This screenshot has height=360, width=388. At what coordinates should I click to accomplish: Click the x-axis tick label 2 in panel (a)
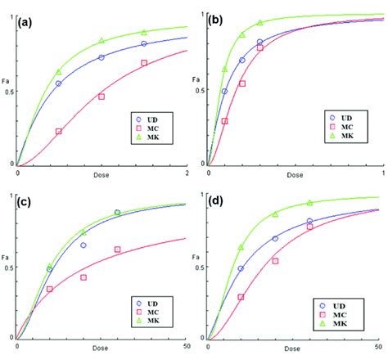[x=187, y=173]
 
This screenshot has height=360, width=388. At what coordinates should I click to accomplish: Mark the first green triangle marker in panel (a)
[x=59, y=72]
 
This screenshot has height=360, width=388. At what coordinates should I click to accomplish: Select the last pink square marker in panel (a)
[x=144, y=63]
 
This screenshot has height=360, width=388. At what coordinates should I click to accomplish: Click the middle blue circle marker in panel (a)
[x=102, y=57]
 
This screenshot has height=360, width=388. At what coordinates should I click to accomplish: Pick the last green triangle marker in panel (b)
[x=259, y=23]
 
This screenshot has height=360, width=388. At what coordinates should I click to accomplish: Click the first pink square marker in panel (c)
[x=49, y=289]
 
